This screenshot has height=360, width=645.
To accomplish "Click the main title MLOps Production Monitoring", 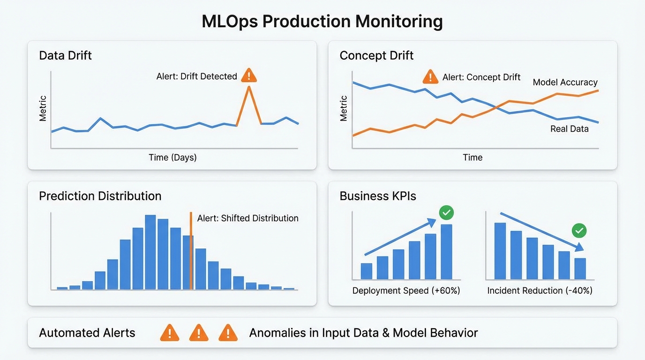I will tap(322, 22).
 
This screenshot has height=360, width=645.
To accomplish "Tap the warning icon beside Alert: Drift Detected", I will tap(249, 75).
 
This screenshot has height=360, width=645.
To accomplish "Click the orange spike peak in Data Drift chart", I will tap(249, 87).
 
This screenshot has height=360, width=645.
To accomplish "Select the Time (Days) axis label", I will tap(172, 157).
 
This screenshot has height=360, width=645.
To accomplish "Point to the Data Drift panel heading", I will tap(65, 55).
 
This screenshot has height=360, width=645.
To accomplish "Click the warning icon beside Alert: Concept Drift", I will tap(430, 76).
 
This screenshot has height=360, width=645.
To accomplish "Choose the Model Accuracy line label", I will tap(565, 82).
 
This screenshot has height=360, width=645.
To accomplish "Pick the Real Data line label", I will tap(569, 128).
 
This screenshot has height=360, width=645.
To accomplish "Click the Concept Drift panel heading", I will tap(376, 55).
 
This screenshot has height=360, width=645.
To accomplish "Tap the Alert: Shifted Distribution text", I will tap(247, 218).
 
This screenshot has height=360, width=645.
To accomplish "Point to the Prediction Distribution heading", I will tap(100, 196).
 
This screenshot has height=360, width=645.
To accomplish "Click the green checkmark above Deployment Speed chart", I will tap(446, 213).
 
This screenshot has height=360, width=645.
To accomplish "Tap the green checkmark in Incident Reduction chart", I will tap(579, 231).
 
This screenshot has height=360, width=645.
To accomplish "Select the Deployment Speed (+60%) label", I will tap(406, 291).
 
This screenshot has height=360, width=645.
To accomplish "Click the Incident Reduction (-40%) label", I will tap(540, 291).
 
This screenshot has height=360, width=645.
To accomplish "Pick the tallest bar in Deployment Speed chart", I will tap(446, 252).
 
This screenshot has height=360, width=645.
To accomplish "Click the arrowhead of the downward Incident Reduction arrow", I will tap(580, 247).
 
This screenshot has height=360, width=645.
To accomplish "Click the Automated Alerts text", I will tap(87, 333).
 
